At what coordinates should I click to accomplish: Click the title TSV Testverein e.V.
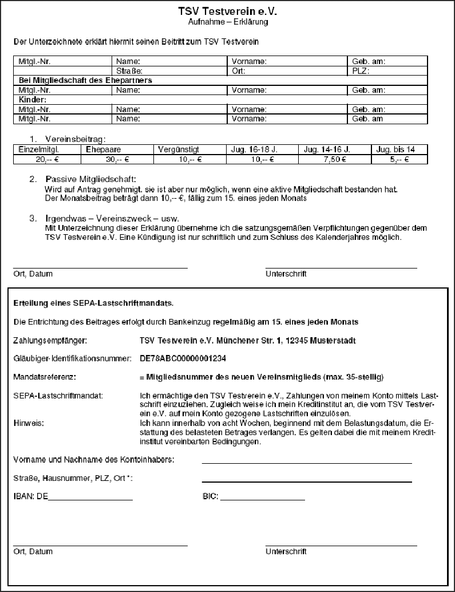click(228, 11)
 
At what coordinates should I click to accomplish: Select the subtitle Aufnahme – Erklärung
click(228, 22)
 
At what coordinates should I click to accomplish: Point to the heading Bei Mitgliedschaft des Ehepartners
click(85, 81)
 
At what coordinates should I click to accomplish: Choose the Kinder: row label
click(33, 100)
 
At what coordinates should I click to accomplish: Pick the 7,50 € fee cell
click(335, 160)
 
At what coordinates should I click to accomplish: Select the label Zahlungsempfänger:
click(50, 341)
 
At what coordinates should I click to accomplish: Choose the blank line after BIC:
click(262, 499)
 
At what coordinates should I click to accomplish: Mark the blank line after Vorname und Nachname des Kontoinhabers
click(307, 461)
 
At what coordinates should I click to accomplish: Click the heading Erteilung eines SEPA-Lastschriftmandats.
click(93, 302)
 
